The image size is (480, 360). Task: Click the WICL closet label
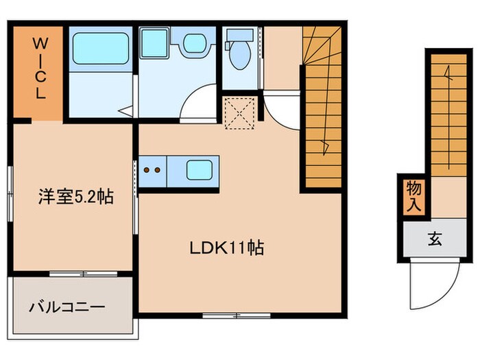click(40, 69)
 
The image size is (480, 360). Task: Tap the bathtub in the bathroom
click(100, 49)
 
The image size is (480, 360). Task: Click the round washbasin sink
click(194, 43)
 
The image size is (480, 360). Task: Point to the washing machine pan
click(154, 43)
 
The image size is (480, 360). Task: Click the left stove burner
click(147, 170)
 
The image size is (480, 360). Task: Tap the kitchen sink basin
click(200, 170)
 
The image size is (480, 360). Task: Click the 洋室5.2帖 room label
click(75, 197)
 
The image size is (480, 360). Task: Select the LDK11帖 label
click(226, 248)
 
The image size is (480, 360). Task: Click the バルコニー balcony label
click(67, 307)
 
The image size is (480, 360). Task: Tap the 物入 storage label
click(413, 196)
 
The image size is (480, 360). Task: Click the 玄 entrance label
click(435, 239)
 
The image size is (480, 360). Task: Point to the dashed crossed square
click(240, 113)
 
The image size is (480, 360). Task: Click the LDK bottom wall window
click(237, 315)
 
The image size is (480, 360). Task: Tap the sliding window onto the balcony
click(83, 274)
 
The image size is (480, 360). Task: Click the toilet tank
click(240, 35)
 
